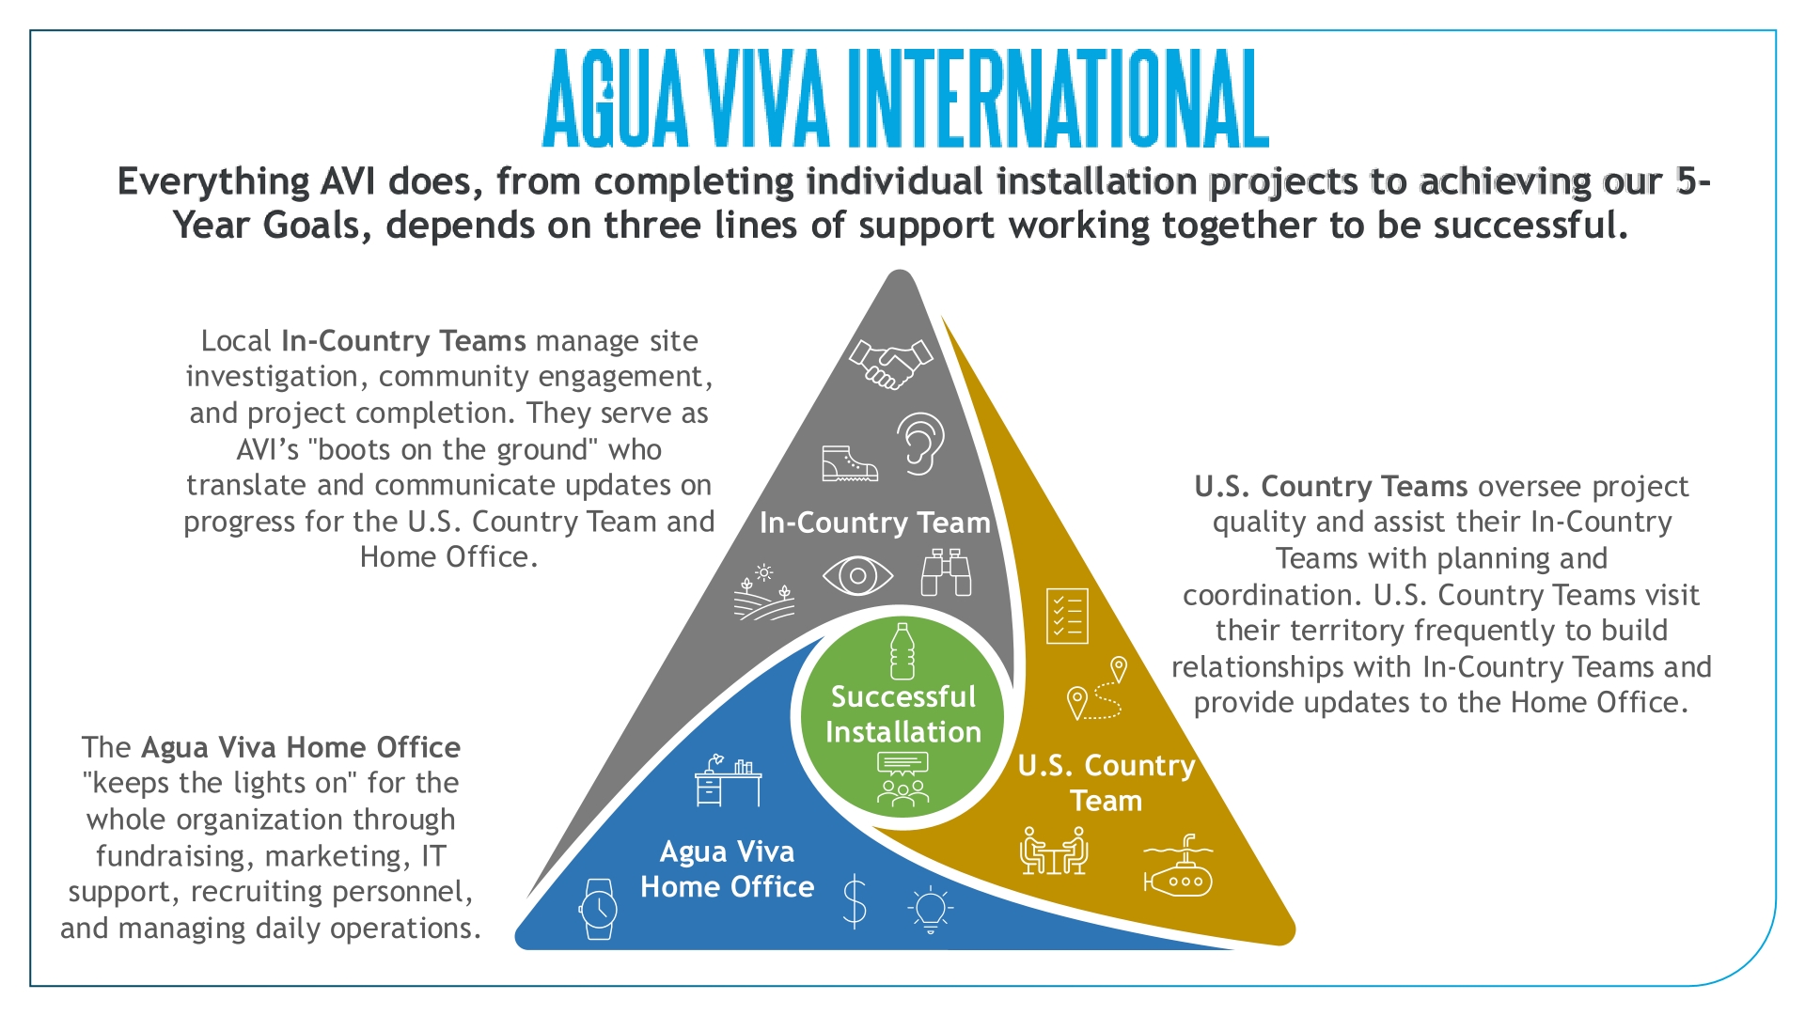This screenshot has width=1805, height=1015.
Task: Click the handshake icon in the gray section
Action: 890,364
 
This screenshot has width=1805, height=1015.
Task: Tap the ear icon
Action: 920,444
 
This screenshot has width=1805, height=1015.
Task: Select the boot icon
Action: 849,463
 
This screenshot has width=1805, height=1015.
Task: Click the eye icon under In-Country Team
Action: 857,575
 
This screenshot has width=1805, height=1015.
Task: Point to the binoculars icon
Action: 946,572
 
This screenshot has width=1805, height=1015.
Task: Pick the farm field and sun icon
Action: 764,593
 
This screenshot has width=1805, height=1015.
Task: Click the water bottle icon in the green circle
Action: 902,651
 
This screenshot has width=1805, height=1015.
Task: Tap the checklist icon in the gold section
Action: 1067,616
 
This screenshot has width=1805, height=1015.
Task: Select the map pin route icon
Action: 1097,689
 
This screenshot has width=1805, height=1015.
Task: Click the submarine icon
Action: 1178,866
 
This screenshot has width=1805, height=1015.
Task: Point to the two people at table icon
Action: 1054,851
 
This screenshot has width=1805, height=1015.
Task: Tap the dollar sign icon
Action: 854,900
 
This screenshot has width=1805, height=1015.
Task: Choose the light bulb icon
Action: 931,909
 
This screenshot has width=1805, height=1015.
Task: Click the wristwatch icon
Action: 598,909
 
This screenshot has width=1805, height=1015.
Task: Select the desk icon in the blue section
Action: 728,780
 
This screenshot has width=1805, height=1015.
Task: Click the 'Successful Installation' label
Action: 903,714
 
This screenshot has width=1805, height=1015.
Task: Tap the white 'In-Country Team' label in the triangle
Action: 875,523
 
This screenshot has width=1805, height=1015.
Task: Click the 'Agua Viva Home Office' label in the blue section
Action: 728,869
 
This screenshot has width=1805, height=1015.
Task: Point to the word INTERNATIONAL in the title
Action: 1058,99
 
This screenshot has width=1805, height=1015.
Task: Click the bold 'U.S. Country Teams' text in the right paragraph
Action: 1330,486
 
